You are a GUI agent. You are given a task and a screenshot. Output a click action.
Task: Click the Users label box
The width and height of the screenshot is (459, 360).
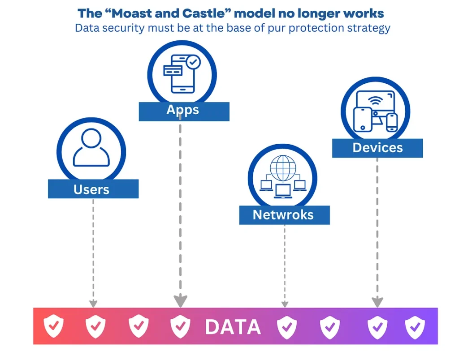tap(93, 189)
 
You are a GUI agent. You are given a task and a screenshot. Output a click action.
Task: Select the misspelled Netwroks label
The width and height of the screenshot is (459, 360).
tap(284, 215)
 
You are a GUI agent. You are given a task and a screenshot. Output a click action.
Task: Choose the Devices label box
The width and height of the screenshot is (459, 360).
tap(377, 148)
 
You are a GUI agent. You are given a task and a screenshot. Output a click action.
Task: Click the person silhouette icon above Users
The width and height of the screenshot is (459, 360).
tap(91, 148)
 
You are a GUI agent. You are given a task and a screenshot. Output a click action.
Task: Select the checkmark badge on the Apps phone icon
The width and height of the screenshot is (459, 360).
tap(194, 62)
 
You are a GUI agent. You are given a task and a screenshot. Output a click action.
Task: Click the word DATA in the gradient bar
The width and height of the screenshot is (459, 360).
tap(233, 327)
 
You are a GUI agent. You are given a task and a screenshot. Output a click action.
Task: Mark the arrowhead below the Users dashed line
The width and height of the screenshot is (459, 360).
tap(93, 304)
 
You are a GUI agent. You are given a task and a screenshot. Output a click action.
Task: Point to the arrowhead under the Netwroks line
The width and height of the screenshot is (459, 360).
tap(285, 304)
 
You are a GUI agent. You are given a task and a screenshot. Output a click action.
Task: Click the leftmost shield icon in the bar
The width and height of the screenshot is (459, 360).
tap(53, 327)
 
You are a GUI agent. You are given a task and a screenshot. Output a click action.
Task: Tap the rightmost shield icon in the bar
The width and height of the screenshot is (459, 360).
tap(415, 327)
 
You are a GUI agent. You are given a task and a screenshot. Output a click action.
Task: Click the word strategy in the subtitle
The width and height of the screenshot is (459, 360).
tap(368, 28)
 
